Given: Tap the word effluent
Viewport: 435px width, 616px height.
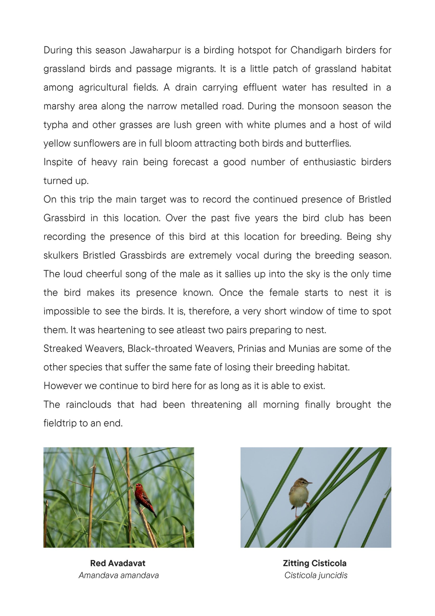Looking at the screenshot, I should (260, 88).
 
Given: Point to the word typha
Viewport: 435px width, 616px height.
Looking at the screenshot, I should (56, 125).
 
